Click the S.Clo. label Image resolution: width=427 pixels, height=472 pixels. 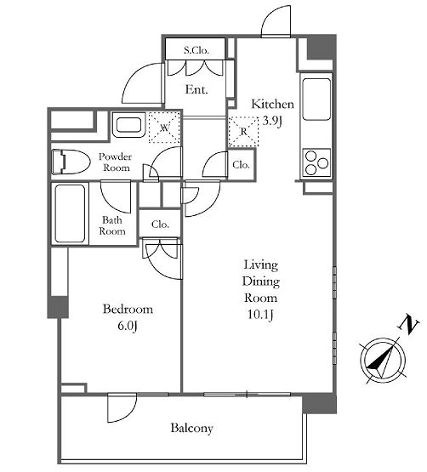(196, 50)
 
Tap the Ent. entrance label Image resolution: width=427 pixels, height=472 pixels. (196, 89)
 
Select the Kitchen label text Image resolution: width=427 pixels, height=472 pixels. (272, 104)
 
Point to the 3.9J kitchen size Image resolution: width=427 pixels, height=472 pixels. (272, 121)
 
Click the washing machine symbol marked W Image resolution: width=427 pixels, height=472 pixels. (164, 128)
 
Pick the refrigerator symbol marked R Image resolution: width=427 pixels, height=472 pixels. (243, 132)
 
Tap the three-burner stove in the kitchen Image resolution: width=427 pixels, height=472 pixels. (316, 162)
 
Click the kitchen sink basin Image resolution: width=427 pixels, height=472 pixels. (316, 99)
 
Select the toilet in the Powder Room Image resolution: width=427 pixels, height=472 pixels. (71, 162)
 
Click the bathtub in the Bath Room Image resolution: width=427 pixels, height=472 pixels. (70, 213)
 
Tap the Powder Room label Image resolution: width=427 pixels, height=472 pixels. (116, 162)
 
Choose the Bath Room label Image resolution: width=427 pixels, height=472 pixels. (112, 225)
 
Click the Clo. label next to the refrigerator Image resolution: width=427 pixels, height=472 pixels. (242, 165)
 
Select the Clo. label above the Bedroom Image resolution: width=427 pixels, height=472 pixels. (160, 225)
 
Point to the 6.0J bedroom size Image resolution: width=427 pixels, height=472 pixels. (128, 326)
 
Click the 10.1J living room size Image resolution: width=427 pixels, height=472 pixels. (260, 315)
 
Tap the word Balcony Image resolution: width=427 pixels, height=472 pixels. (192, 428)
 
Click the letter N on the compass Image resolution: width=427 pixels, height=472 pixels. (409, 325)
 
